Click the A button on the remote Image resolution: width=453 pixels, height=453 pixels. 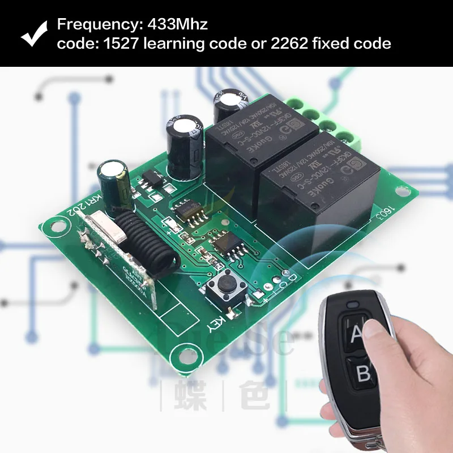click(x=357, y=334)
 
